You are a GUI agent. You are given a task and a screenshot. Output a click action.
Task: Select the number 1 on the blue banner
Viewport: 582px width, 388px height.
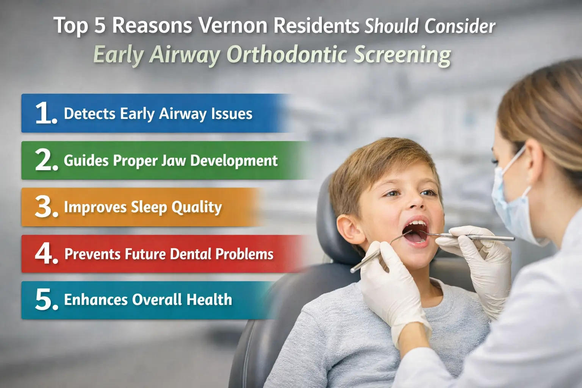tap(45, 113)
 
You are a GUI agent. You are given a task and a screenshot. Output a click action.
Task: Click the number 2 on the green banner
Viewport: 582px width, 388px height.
tap(45, 160)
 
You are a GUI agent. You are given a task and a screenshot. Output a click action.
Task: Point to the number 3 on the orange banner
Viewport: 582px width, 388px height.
tap(45, 207)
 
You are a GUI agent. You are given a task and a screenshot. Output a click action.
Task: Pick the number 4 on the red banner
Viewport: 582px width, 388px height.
tap(45, 253)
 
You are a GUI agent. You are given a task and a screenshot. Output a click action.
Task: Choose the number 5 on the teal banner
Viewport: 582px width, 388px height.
tap(45, 300)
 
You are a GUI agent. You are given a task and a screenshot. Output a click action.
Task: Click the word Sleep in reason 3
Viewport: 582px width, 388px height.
tap(149, 207)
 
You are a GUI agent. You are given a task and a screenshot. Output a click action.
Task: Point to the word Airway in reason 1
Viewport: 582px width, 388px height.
tap(182, 114)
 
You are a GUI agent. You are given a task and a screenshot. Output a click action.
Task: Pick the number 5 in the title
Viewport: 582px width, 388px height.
tap(100, 26)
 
